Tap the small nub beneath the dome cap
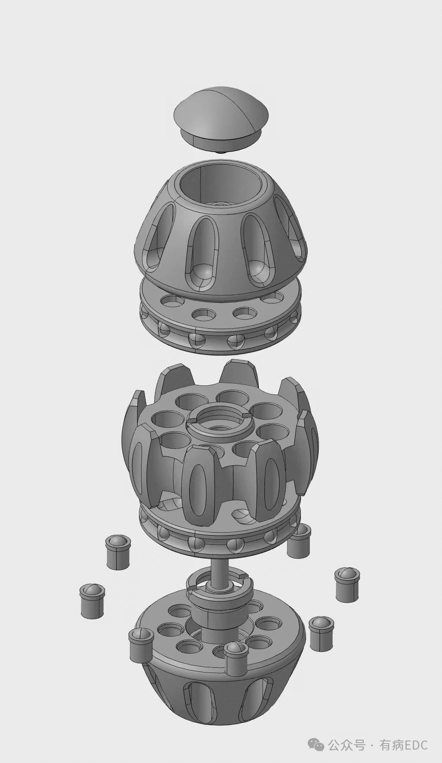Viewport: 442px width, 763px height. click(x=221, y=152)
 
